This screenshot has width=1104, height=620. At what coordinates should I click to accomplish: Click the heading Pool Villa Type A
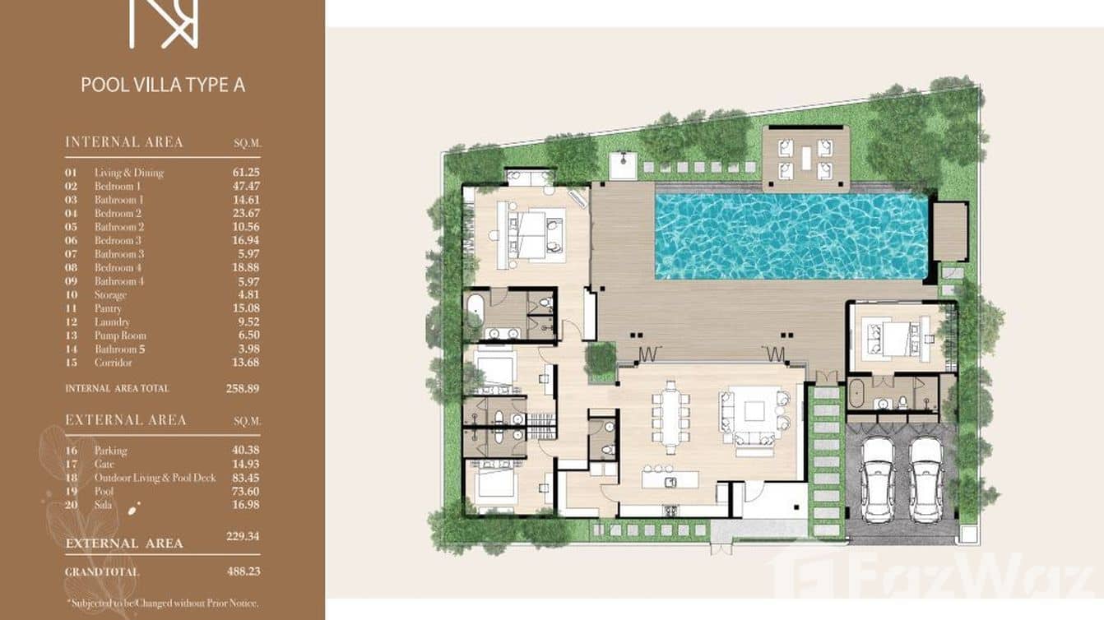coord(162,85)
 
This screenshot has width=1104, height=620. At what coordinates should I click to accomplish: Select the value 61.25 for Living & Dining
coord(245,173)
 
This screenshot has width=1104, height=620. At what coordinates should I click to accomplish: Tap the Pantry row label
coord(108,308)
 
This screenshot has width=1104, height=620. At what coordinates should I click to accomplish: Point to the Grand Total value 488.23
coord(244,571)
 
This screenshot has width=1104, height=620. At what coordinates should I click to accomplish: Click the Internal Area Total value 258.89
coord(244,388)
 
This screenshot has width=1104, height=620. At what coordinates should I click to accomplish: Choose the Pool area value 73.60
coord(245,491)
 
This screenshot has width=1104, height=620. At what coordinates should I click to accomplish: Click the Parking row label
coord(110,451)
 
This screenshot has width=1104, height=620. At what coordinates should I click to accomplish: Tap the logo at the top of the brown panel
coord(163,23)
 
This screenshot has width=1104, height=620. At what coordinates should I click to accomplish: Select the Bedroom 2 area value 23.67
coord(245,213)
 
